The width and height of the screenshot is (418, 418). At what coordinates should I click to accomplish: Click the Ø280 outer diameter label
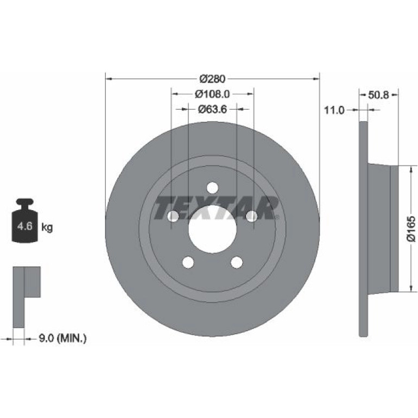click(x=212, y=79)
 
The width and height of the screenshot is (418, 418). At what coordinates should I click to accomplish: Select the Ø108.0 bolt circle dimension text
click(x=212, y=94)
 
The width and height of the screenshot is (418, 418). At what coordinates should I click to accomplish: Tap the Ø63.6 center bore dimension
click(x=212, y=109)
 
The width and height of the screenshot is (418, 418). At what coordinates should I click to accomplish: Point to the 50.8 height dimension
click(x=378, y=95)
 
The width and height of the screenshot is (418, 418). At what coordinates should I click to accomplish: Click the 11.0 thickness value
click(x=334, y=110)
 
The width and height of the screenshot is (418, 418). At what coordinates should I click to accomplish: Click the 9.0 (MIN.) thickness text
click(x=62, y=339)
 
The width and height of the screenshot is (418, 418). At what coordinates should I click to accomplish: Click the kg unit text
click(x=47, y=227)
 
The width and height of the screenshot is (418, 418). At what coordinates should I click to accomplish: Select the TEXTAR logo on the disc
click(x=216, y=207)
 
